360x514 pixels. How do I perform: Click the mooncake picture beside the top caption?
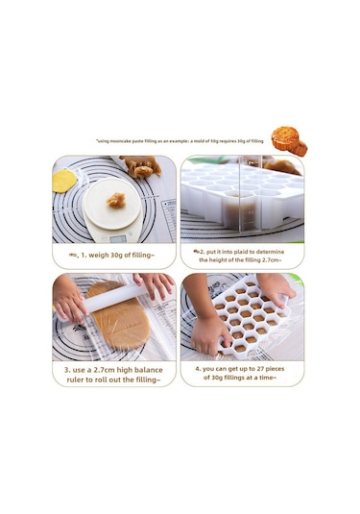pyautogui.click(x=288, y=141)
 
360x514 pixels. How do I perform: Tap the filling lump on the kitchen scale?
pyautogui.click(x=116, y=200)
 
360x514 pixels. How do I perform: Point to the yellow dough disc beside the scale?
pyautogui.click(x=65, y=181)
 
